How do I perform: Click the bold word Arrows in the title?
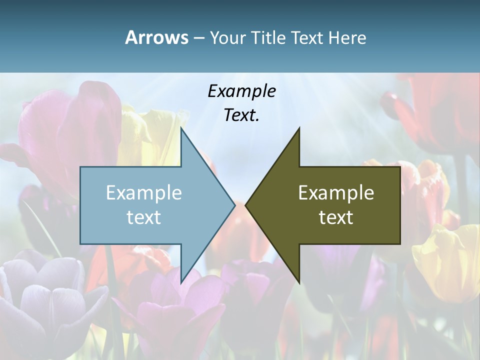tap(156, 37)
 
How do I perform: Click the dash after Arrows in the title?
tap(198, 38)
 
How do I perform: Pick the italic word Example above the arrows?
tap(241, 91)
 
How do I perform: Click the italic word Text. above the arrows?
tap(241, 115)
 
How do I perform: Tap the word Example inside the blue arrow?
tap(144, 192)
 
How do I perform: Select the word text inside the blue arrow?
tap(144, 217)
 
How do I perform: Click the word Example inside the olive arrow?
tap(336, 192)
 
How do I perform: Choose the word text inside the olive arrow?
tap(336, 217)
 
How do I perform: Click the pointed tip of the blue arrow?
tap(234, 205)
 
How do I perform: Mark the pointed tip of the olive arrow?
tap(245, 205)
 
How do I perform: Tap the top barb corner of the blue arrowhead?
tap(181, 128)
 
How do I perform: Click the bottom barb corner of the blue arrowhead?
tap(181, 283)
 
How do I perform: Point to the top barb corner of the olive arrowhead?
tap(299, 128)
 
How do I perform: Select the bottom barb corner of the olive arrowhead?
tap(299, 283)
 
